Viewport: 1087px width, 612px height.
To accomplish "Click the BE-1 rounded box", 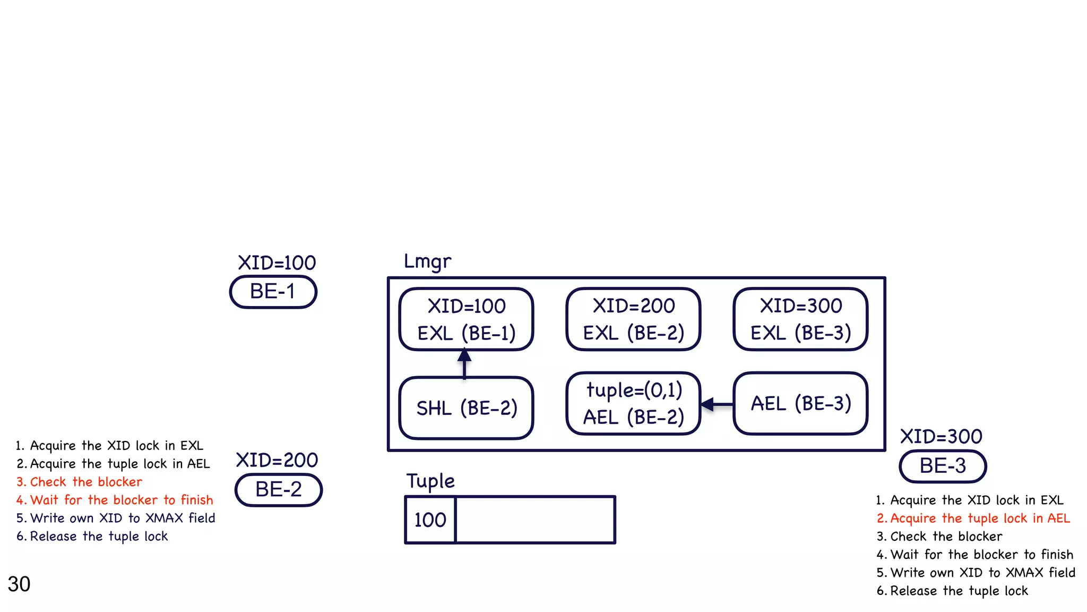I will [273, 292].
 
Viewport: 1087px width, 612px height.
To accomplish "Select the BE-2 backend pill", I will [279, 489].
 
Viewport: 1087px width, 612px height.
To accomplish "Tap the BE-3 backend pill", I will [943, 466].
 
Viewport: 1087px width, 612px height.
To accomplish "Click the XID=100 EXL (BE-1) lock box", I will [466, 319].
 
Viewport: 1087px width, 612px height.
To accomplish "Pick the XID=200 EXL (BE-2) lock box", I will [633, 319].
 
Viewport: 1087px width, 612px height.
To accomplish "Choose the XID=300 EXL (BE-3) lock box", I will [800, 319].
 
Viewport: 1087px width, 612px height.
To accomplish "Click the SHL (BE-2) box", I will [466, 408].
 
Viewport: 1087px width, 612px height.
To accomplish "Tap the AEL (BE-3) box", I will [800, 404].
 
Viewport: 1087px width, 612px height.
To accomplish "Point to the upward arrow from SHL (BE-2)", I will [464, 363].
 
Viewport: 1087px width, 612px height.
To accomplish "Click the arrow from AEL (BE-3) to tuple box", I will [717, 404].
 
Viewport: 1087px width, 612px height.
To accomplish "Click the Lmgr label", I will [427, 261].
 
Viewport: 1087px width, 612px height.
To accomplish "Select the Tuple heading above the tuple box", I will [430, 481].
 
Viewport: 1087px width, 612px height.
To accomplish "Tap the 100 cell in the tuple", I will [430, 520].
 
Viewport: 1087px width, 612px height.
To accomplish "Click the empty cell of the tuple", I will [535, 520].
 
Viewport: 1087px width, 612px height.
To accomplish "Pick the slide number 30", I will [19, 584].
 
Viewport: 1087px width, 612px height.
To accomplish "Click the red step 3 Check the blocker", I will [80, 482].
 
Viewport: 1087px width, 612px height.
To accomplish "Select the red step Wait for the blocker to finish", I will [115, 500].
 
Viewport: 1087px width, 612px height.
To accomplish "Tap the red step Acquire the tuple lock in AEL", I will [973, 518].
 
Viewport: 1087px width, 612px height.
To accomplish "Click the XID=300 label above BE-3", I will [941, 437].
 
